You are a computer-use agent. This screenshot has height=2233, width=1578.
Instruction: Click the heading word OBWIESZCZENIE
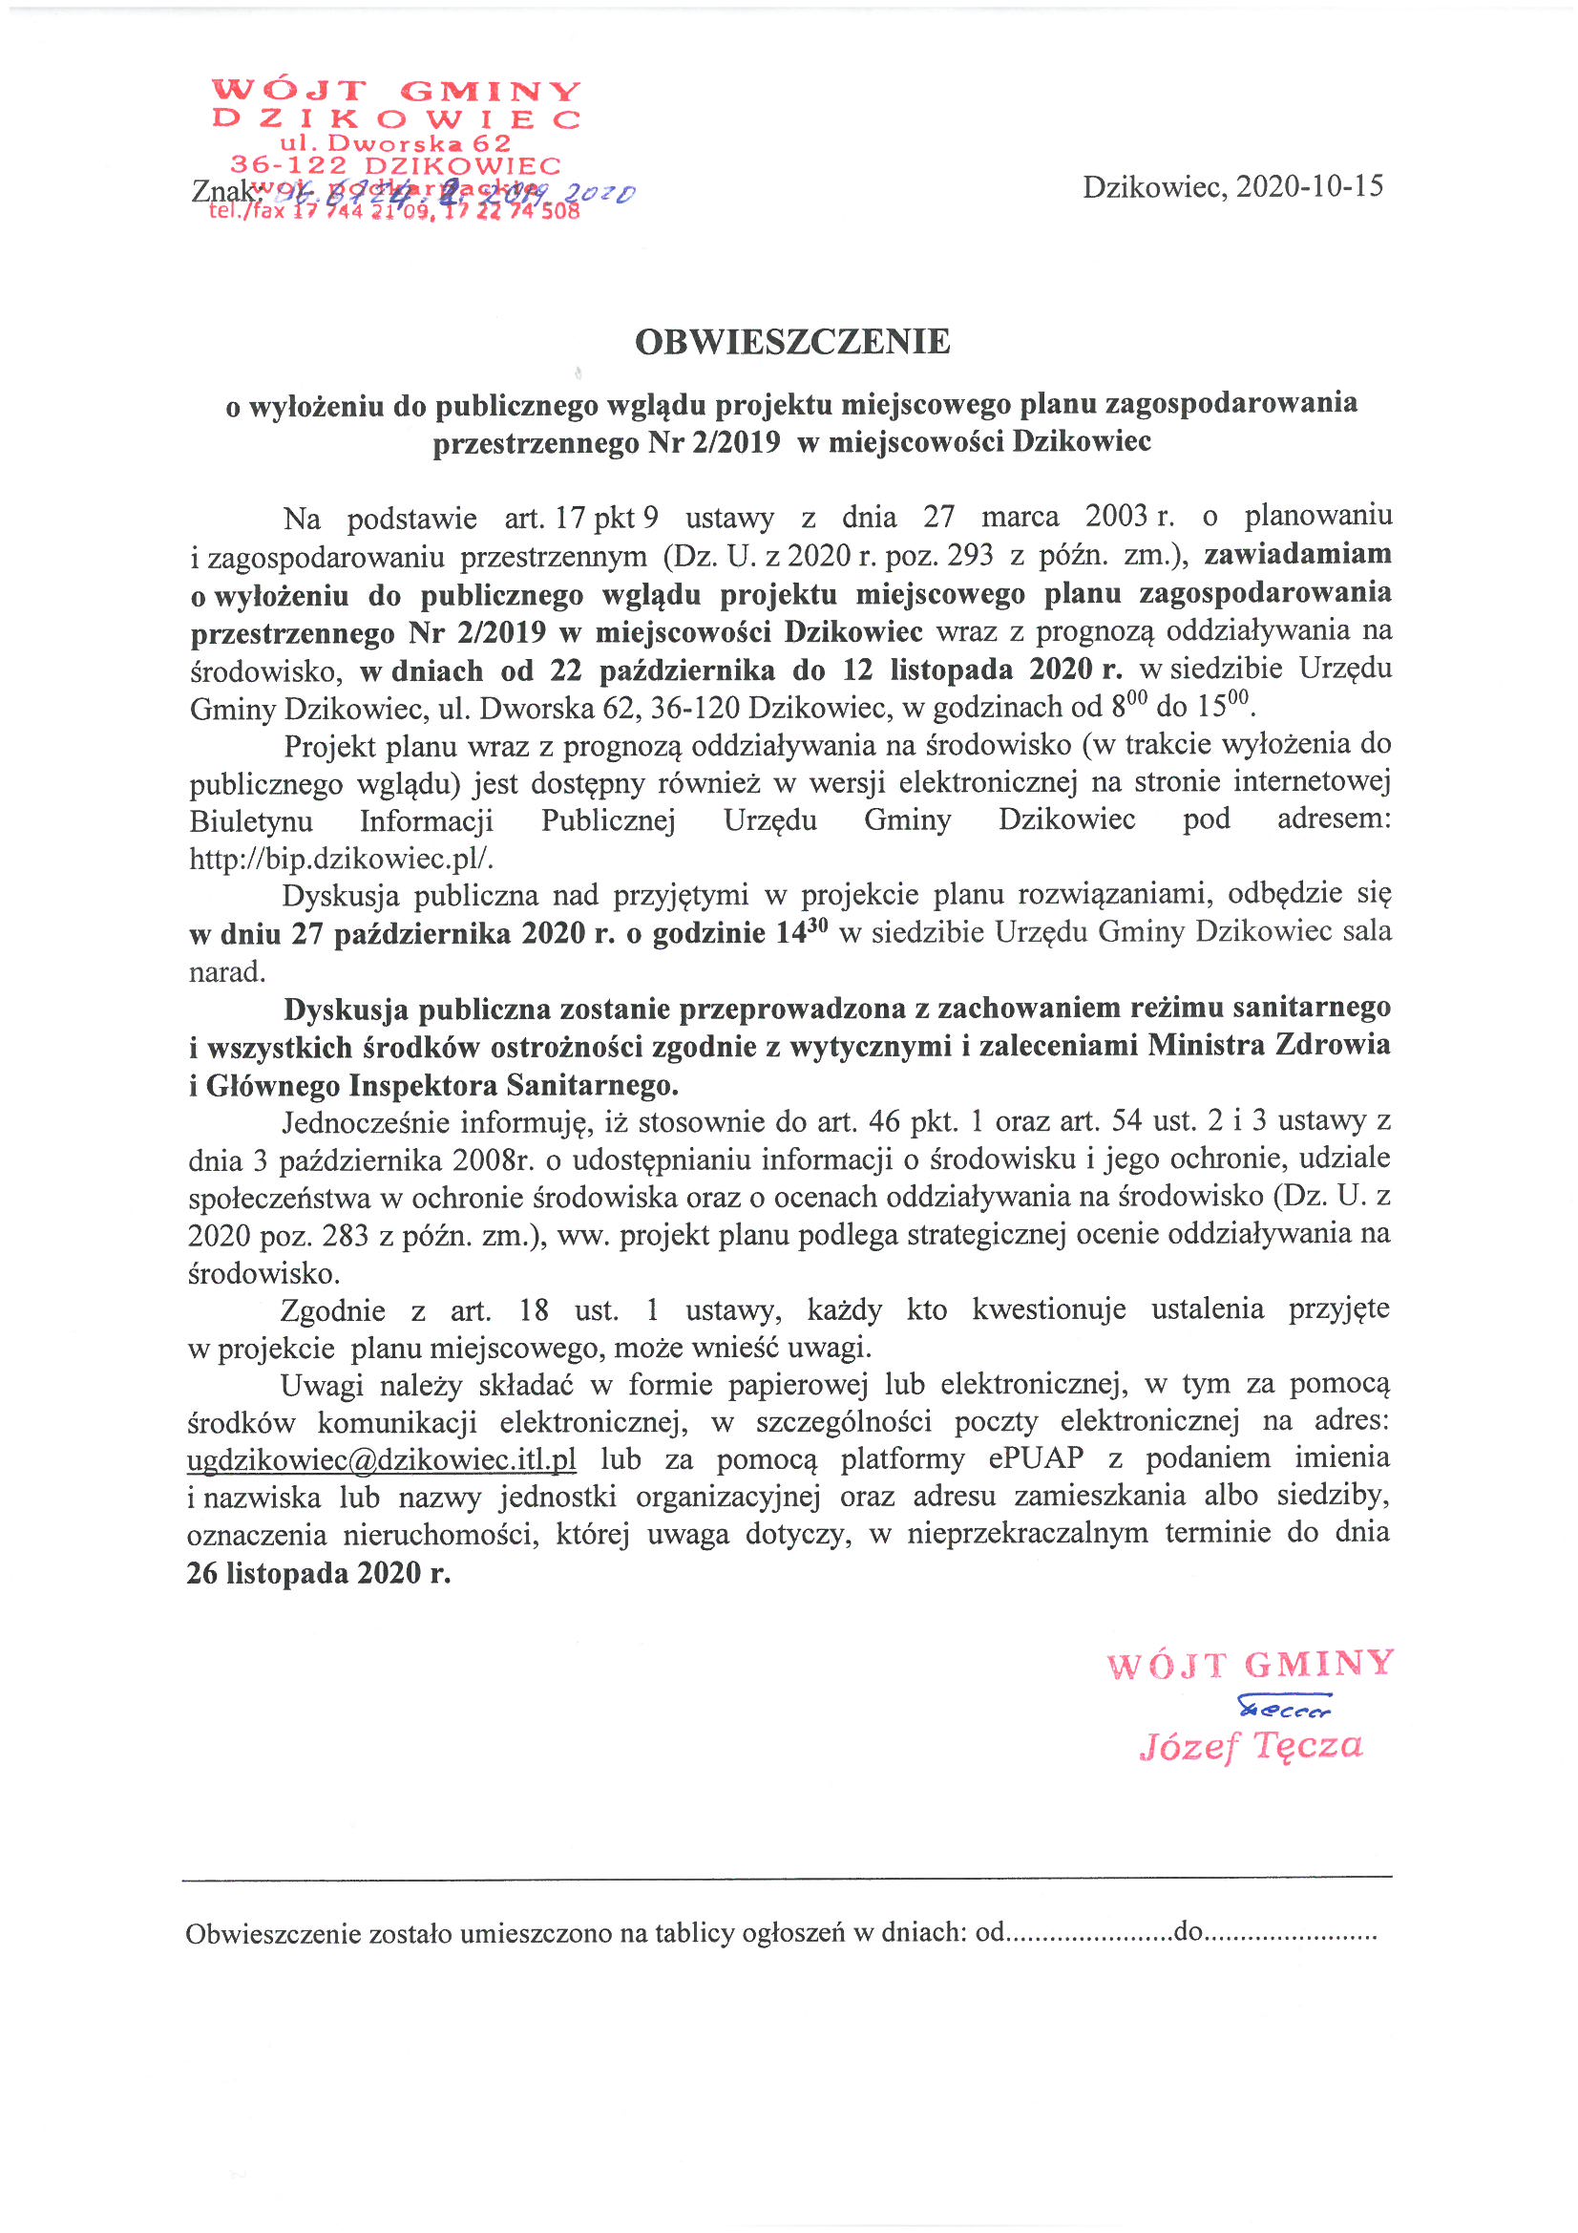[791, 341]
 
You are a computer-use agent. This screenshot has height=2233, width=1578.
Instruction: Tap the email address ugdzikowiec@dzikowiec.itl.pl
[381, 1459]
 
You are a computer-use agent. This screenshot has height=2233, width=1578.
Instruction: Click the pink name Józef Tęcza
[1251, 1746]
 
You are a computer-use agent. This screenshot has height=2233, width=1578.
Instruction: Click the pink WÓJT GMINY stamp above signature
[1251, 1665]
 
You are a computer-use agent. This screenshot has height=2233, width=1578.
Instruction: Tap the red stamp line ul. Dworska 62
[395, 144]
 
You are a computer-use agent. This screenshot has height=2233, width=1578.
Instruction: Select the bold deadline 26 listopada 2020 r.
[319, 1573]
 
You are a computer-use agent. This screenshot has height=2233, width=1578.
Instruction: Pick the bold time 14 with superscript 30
[800, 933]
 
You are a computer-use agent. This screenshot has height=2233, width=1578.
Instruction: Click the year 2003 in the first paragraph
[1117, 515]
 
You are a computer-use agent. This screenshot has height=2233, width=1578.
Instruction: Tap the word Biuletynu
[251, 820]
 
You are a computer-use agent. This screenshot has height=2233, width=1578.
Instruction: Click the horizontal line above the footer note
[787, 1876]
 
